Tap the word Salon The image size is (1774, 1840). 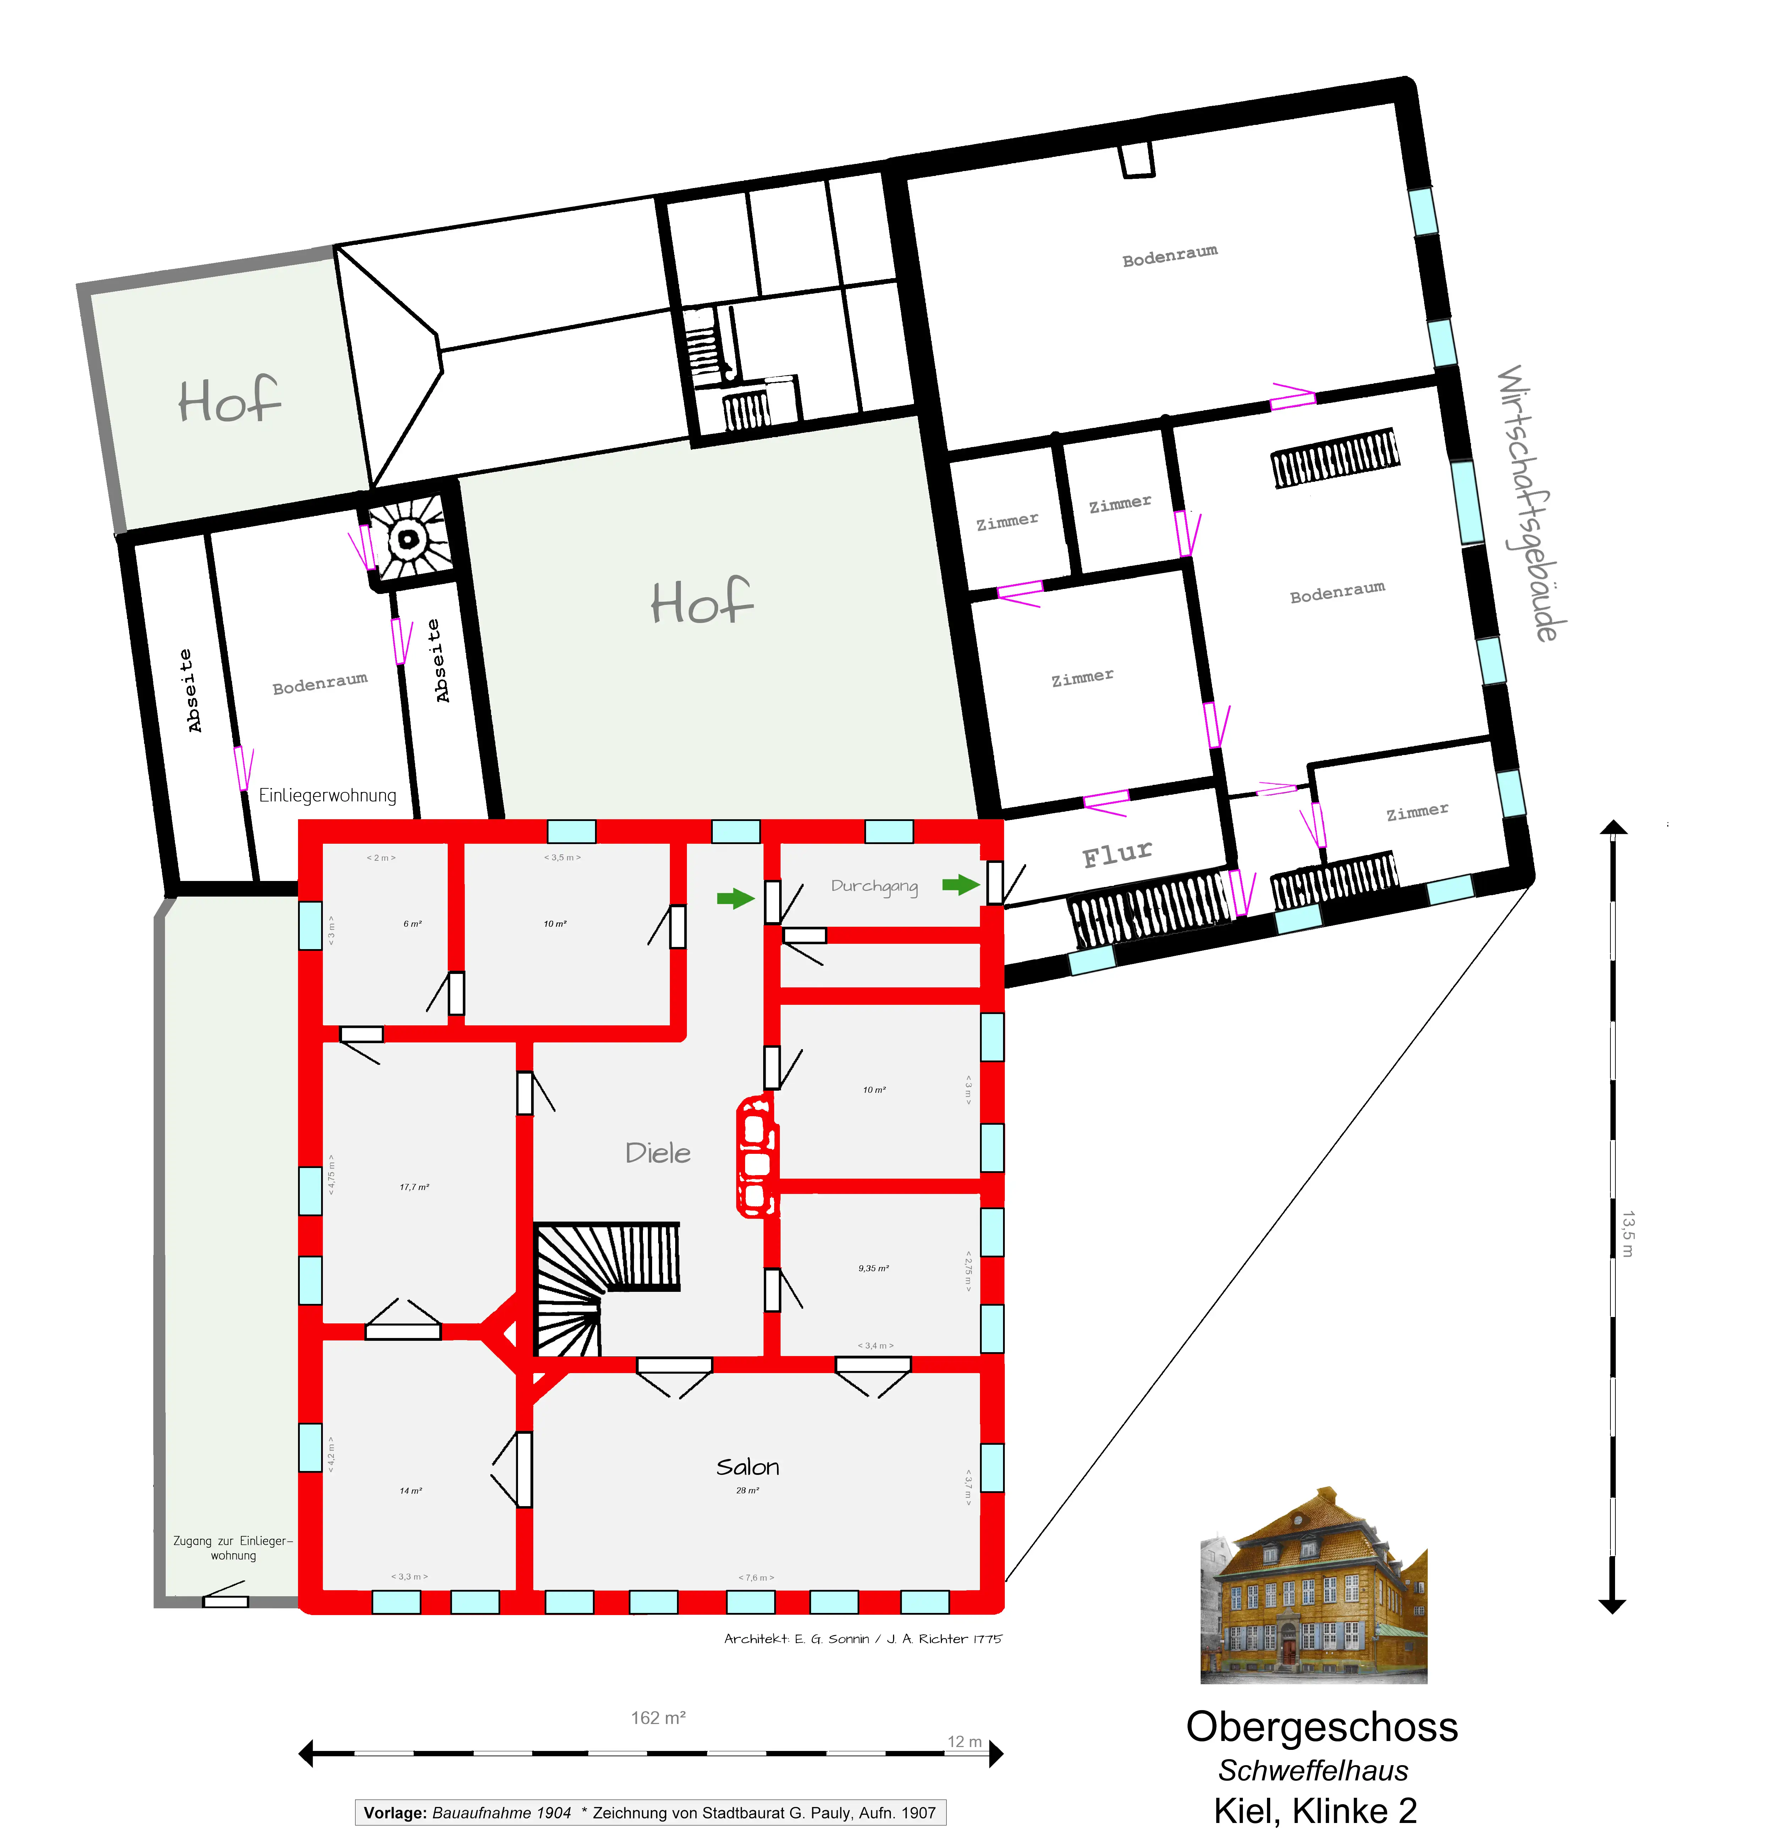coord(747,1466)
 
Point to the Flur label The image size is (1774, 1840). coord(1117,854)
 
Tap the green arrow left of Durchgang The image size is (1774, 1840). coord(735,898)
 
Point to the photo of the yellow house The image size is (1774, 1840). coord(1313,1587)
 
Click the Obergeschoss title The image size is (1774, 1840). coord(1322,1725)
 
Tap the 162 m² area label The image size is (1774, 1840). coord(658,1717)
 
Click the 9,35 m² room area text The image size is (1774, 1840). coord(873,1268)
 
